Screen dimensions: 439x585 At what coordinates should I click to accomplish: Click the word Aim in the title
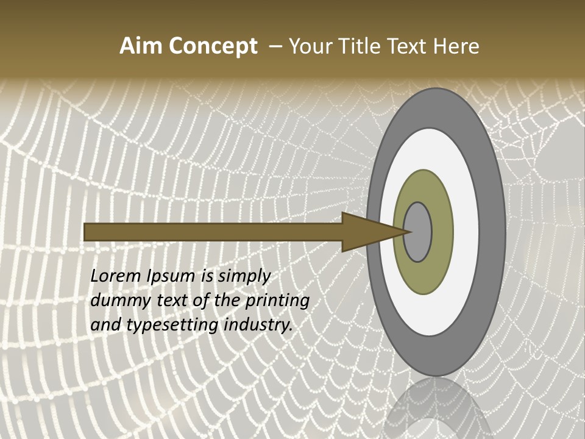pyautogui.click(x=141, y=46)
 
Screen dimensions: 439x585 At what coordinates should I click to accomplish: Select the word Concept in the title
pyautogui.click(x=213, y=46)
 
